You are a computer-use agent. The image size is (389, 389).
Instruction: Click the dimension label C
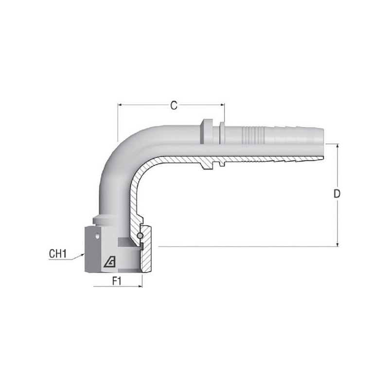point(174,106)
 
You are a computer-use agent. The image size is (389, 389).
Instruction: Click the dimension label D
point(336,194)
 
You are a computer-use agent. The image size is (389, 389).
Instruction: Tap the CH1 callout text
point(58,253)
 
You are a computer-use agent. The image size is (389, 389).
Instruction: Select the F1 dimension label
point(117,282)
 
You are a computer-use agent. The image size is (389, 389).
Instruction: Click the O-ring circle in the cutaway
point(140,235)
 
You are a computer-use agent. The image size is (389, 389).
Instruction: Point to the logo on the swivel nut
point(110,262)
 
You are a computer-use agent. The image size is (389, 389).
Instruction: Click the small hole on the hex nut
point(97,236)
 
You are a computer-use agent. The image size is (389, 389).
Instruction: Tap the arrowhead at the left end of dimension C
point(120,105)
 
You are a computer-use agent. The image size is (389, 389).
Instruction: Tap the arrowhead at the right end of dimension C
point(222,105)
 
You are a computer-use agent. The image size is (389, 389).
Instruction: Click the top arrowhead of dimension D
point(337,146)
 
